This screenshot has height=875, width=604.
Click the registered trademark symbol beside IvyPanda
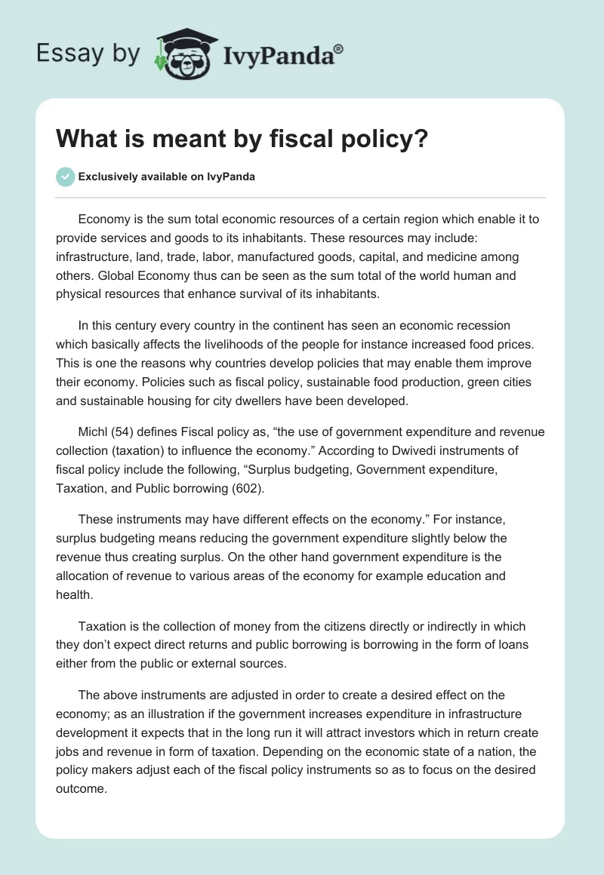click(339, 48)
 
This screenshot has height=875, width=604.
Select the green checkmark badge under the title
click(65, 177)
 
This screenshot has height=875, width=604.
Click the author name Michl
click(95, 432)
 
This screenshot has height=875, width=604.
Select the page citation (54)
click(129, 432)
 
